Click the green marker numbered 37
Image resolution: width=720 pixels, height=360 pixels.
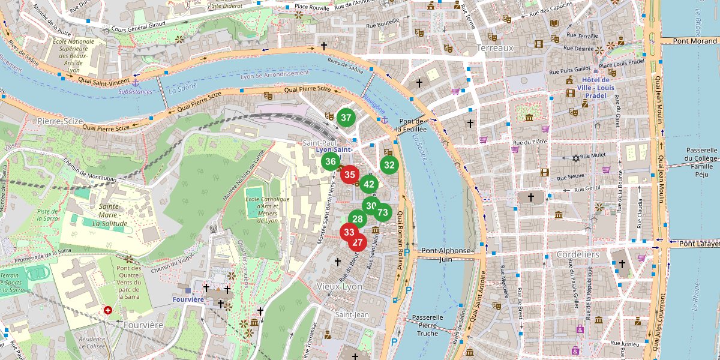pos(346,118)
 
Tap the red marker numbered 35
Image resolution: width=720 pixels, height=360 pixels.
pos(350,175)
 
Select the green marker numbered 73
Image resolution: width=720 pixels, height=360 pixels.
pos(383,212)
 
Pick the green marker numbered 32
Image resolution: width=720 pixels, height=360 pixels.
pos(389,165)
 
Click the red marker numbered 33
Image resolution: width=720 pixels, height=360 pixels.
pos(349,232)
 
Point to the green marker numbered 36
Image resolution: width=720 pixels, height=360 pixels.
pos(331,161)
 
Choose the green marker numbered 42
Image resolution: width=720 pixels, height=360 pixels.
pos(369,185)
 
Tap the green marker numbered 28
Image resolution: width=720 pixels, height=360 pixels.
pos(358,220)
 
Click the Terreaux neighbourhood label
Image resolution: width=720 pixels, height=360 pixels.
pos(495,47)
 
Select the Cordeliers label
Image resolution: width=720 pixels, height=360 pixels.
pos(578,254)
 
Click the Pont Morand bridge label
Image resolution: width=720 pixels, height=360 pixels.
pos(695,41)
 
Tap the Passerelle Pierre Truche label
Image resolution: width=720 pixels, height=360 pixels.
pos(427,325)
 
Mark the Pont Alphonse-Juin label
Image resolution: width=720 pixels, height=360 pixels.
pos(445,255)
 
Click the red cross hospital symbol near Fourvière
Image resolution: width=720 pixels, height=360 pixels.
pos(108,310)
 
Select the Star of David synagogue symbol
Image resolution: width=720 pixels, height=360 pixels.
pos(576,158)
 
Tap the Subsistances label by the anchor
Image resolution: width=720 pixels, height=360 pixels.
pos(135,92)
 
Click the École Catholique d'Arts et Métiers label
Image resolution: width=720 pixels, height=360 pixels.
pos(267,209)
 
